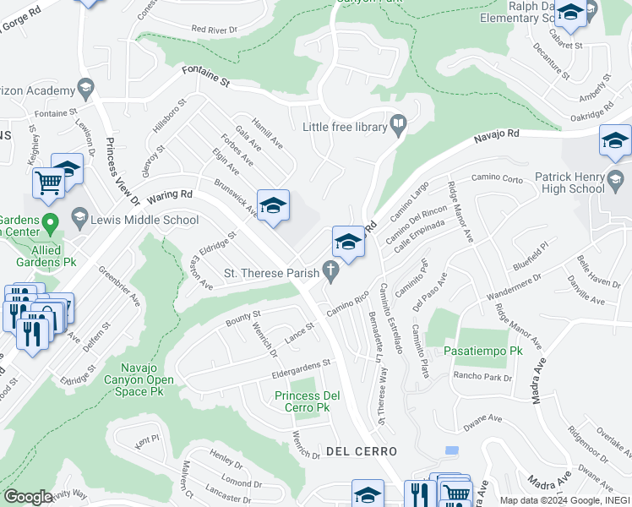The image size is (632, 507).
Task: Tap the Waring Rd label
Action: [169, 197]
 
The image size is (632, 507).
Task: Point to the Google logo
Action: [28, 496]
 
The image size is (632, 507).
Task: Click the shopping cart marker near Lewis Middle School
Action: [49, 183]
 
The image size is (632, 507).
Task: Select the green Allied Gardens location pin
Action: [50, 225]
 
